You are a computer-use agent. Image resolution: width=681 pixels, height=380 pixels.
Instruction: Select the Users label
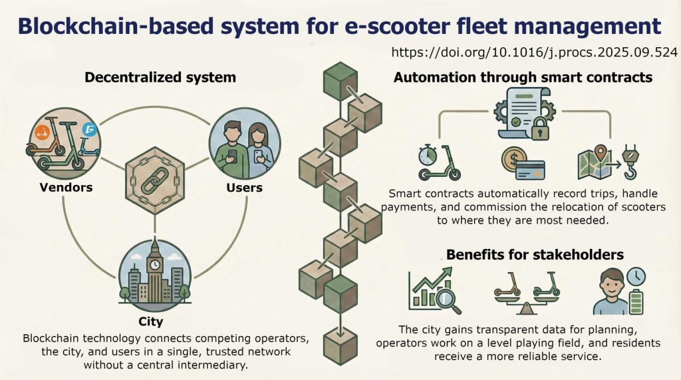(x=245, y=188)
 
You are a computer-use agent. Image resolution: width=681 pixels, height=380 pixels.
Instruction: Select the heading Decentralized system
(x=160, y=77)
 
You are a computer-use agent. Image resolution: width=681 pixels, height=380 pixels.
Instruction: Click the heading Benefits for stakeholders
(x=535, y=254)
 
